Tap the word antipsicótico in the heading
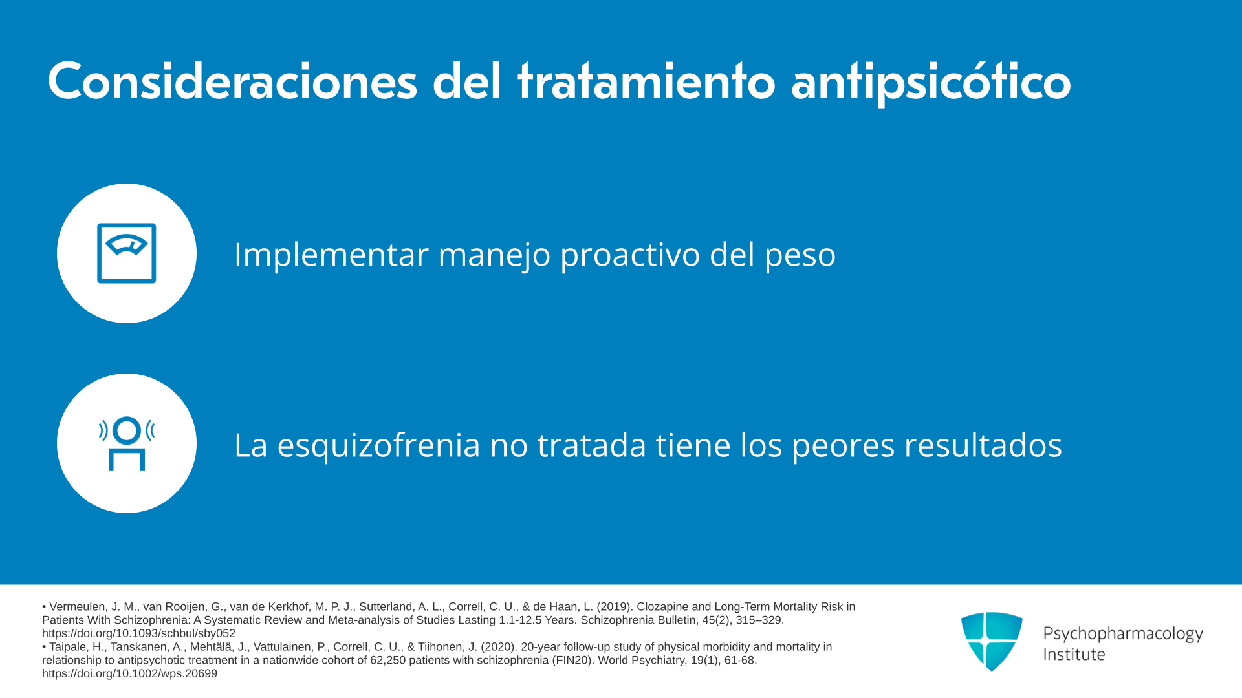click(x=931, y=83)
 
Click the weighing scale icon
click(x=127, y=253)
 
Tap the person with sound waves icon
click(x=127, y=443)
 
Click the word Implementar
click(x=331, y=255)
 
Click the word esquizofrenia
click(x=378, y=445)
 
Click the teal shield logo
click(x=992, y=641)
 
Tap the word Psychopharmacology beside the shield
click(x=1123, y=633)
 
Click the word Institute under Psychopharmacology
click(x=1074, y=654)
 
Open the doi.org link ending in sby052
click(x=138, y=633)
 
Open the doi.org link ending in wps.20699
click(x=129, y=673)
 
